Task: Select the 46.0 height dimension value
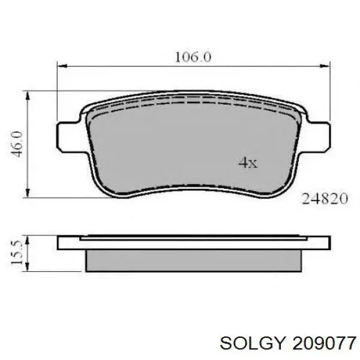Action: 17,144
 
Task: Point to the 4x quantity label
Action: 247,163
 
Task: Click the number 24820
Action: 324,199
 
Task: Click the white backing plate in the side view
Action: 193,243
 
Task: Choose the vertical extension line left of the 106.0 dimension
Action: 58,90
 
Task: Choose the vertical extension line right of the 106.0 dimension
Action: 329,90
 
